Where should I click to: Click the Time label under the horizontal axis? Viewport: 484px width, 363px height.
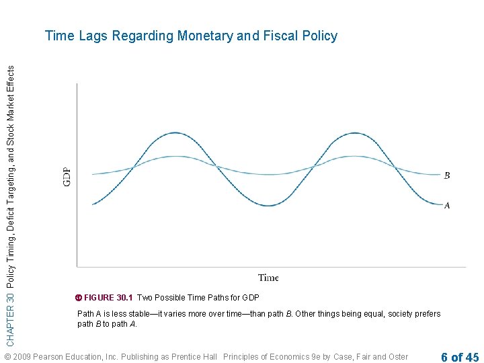268,278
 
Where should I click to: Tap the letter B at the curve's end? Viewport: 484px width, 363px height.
447,176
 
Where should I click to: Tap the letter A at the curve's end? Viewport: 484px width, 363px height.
447,206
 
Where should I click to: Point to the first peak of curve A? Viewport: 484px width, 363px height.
175,133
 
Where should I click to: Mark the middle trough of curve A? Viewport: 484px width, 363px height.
268,206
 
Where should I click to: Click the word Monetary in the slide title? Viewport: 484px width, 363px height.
205,36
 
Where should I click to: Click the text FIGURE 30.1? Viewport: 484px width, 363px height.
109,297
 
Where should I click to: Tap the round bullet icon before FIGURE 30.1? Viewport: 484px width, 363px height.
79,297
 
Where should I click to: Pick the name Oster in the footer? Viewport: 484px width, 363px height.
397,357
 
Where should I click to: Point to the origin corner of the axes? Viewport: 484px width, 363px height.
77,267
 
